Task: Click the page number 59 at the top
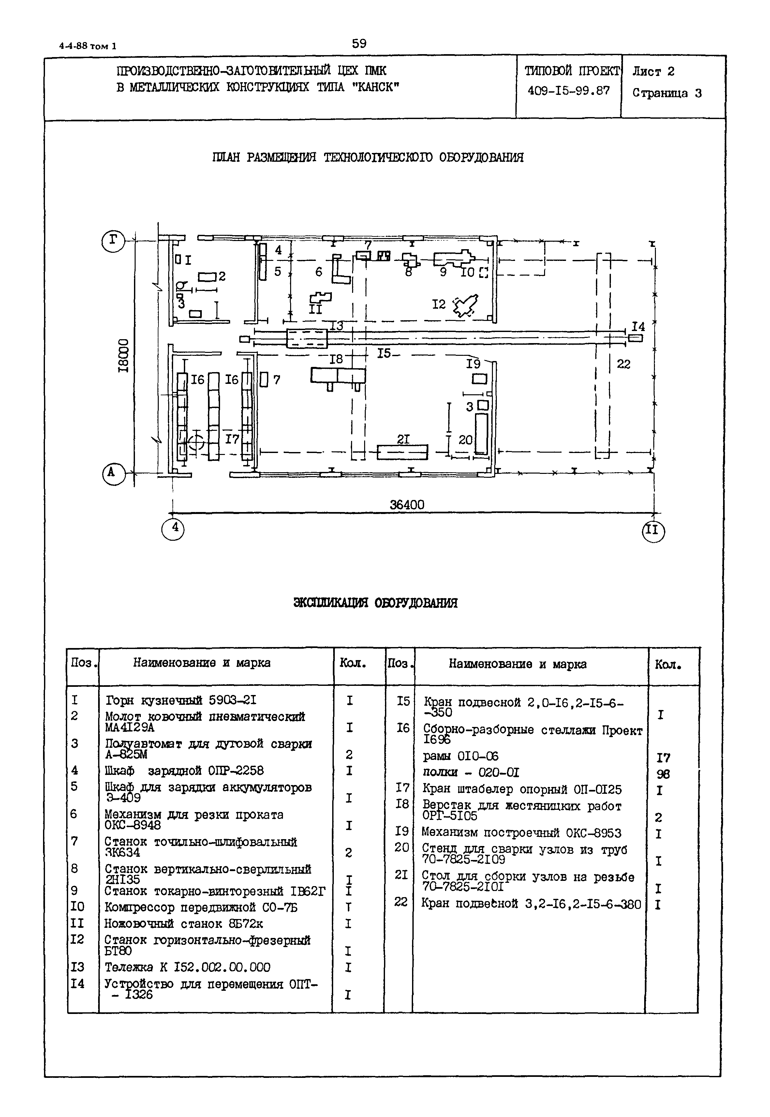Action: pyautogui.click(x=359, y=44)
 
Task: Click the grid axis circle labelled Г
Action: pyautogui.click(x=113, y=240)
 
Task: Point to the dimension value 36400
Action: pyautogui.click(x=407, y=505)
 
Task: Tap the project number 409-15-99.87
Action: pyautogui.click(x=568, y=90)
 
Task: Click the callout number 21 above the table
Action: pyautogui.click(x=403, y=439)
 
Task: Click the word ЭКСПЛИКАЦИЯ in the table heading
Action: pyautogui.click(x=331, y=603)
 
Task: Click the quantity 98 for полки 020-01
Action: pyautogui.click(x=663, y=774)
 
